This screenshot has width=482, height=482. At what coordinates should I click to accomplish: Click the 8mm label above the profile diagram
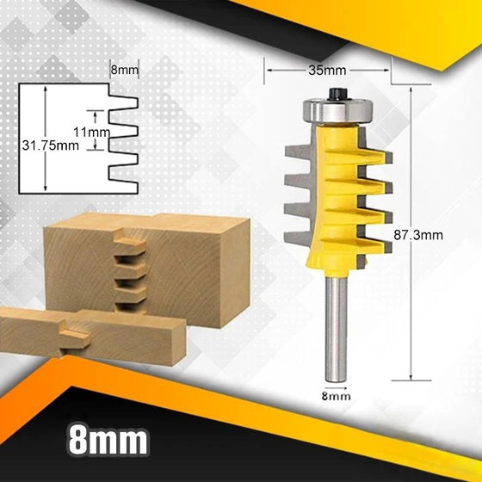[x=123, y=68]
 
